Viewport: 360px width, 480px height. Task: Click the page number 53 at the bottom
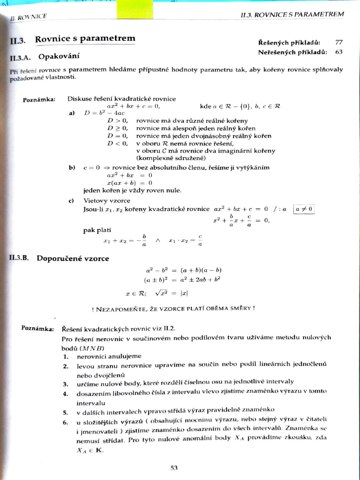tap(174, 467)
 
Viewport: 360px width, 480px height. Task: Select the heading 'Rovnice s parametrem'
tap(85, 38)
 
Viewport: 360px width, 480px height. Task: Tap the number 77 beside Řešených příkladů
tap(339, 42)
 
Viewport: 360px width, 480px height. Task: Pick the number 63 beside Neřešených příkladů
tap(339, 52)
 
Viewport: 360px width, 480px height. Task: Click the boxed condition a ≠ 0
tap(304, 209)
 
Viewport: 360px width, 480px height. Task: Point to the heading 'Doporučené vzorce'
tap(73, 258)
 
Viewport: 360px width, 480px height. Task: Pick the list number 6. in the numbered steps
tap(66, 419)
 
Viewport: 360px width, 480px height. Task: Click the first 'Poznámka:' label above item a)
tap(39, 99)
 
